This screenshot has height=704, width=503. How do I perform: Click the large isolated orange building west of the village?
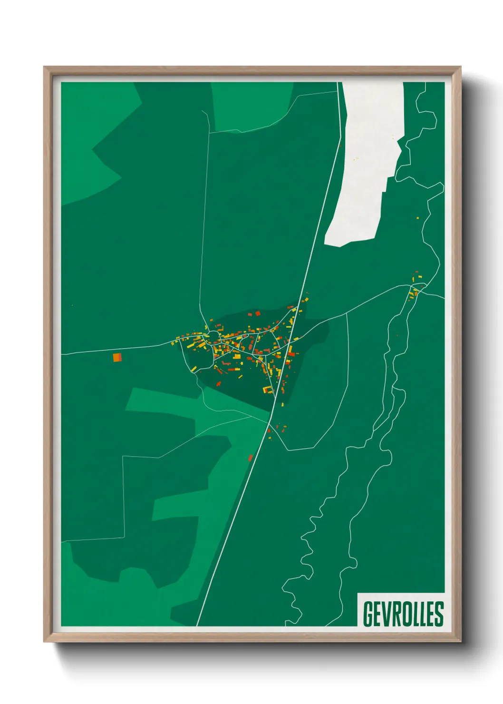coord(117,357)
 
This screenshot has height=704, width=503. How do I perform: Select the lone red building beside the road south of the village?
coord(251,458)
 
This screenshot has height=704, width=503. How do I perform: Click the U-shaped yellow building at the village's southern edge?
coord(268,390)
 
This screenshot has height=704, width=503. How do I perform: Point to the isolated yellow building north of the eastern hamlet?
coord(418,218)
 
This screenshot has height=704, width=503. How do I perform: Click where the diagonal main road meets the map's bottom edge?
coord(197,625)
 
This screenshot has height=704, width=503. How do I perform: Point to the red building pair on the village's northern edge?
coord(254,314)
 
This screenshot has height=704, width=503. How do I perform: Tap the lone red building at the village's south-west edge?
coord(219,383)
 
